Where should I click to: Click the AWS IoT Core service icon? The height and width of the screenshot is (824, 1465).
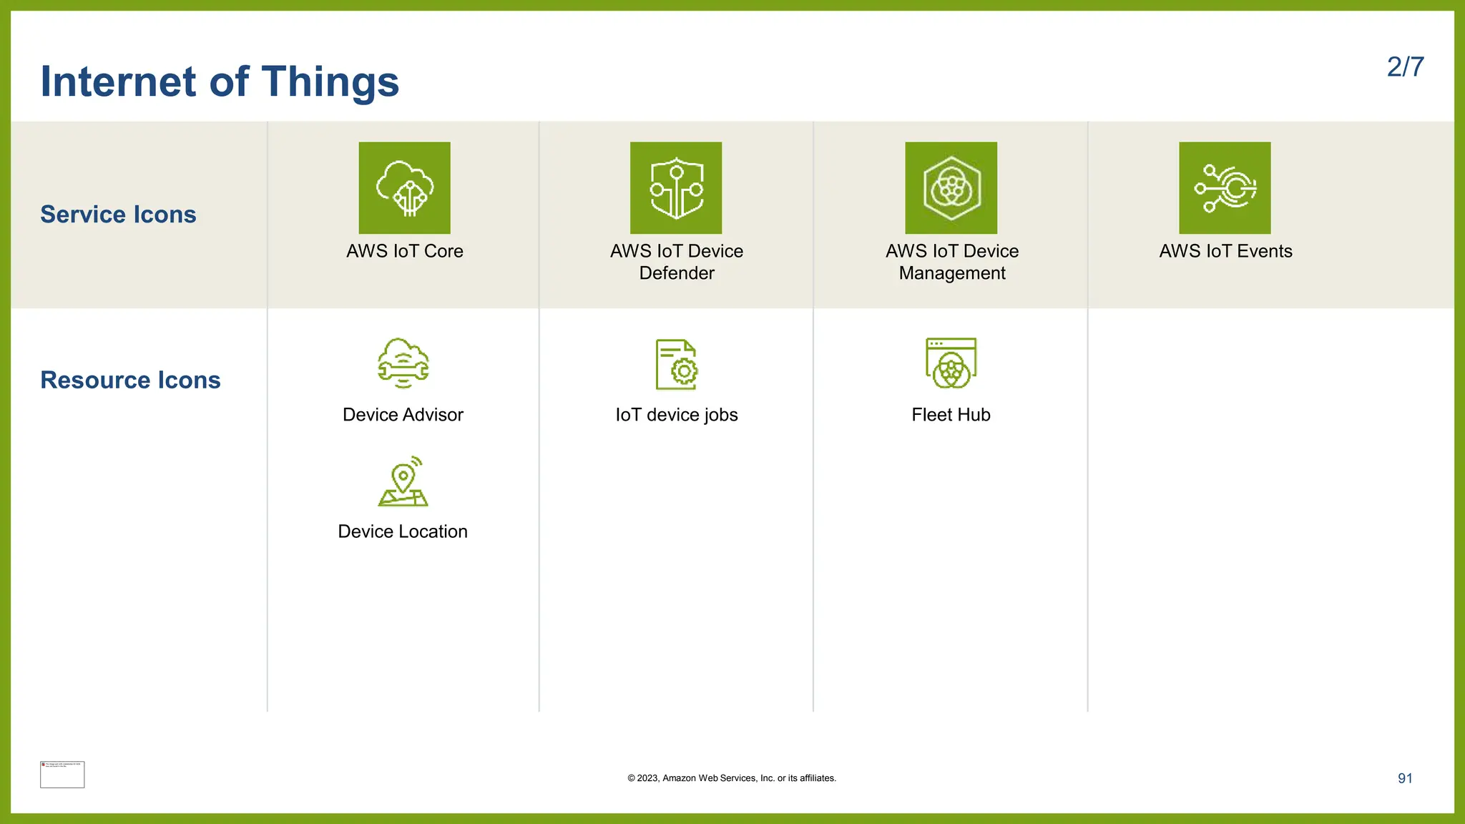(404, 187)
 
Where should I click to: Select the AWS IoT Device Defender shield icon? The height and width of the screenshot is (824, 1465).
(676, 187)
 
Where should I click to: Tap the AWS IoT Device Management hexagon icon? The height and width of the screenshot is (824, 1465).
(951, 187)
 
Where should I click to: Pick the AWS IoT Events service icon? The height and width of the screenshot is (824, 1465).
(1225, 187)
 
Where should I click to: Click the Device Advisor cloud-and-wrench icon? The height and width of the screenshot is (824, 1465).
(403, 363)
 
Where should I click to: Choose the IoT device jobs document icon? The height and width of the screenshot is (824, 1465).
(677, 364)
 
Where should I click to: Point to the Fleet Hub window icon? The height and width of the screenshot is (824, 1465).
(951, 363)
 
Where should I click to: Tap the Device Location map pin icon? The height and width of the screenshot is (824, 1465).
(403, 481)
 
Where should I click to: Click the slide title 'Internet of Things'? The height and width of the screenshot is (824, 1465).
(220, 82)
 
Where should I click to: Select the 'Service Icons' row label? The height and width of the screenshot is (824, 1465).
(118, 215)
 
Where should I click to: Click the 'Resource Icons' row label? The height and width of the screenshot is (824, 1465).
(130, 380)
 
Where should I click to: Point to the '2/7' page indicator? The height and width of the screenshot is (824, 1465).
(1405, 67)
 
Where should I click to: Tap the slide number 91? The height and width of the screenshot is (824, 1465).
(1405, 778)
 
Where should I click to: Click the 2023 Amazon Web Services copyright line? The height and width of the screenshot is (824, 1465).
(732, 778)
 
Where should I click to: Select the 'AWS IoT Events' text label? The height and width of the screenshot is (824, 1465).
(1225, 251)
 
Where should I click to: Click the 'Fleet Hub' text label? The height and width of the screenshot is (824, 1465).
(951, 415)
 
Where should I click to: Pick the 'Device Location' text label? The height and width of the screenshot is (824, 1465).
(403, 531)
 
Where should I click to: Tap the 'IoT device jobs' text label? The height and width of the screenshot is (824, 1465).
(677, 415)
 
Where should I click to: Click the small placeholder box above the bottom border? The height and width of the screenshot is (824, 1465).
(62, 775)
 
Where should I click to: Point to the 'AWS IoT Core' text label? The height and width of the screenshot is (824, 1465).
(405, 251)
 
